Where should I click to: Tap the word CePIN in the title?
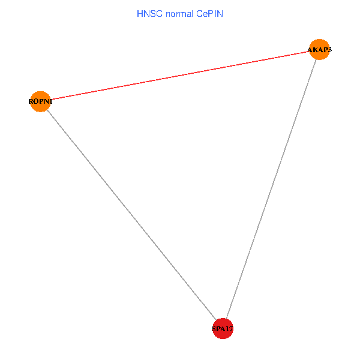[x=208, y=13]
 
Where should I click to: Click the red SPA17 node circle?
[x=223, y=328]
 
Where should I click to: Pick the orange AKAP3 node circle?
[x=319, y=49]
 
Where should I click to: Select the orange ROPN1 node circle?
[x=40, y=101]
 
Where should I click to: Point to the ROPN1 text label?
[x=40, y=101]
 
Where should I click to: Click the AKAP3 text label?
[x=319, y=49]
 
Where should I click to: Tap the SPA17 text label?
[x=223, y=329]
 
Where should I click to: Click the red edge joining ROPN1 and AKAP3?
[x=180, y=75]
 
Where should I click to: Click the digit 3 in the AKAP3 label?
[x=329, y=49]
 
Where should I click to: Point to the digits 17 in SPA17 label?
[x=229, y=329]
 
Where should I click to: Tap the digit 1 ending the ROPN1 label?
[x=51, y=101]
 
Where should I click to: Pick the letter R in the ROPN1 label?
[x=31, y=101]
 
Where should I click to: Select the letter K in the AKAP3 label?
[x=316, y=49]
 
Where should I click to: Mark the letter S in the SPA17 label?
[x=214, y=329]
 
